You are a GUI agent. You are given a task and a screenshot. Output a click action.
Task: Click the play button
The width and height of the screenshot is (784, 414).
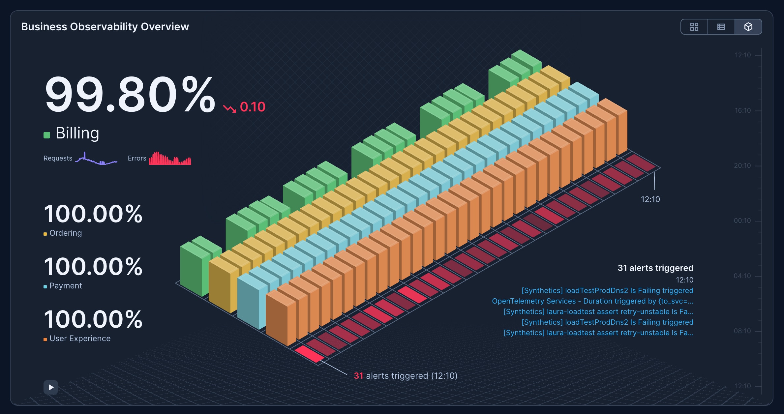click(51, 387)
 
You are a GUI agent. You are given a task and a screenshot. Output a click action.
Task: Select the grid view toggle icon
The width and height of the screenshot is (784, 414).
click(694, 27)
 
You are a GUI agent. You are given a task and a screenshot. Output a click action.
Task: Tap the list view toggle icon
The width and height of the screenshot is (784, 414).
click(721, 27)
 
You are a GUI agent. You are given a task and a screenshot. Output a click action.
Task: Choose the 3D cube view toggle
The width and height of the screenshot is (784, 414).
click(748, 27)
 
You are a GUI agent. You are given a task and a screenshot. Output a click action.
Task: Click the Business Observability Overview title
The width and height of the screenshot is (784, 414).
click(105, 27)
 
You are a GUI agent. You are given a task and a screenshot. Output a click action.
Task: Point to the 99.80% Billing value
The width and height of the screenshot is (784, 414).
click(130, 95)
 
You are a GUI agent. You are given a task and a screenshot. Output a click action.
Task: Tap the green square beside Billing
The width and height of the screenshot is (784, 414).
click(47, 135)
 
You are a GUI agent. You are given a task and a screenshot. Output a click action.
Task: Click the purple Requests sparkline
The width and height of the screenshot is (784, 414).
click(96, 159)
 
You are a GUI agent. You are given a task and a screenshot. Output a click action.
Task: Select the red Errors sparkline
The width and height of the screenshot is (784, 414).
click(170, 158)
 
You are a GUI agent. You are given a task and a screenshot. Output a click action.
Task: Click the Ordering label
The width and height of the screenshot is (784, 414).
click(66, 233)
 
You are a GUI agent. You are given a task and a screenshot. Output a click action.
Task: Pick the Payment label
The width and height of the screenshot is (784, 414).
click(66, 286)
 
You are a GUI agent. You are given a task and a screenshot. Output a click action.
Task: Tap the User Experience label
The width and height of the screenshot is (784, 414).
click(80, 339)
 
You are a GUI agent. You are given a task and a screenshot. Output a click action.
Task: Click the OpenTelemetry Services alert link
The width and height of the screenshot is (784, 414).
click(593, 301)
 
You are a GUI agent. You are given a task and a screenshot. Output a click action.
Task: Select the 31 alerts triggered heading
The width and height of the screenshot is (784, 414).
click(655, 268)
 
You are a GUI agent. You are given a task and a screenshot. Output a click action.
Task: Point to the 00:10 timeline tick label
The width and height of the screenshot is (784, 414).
click(742, 221)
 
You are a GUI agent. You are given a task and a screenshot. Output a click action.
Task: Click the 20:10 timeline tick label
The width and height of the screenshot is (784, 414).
click(742, 165)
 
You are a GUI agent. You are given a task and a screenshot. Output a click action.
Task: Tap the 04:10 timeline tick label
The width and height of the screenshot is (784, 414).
click(742, 276)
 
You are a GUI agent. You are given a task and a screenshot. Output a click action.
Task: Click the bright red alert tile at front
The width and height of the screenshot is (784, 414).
click(310, 354)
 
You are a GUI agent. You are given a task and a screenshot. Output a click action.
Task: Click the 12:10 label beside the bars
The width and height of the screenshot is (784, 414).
click(650, 199)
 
